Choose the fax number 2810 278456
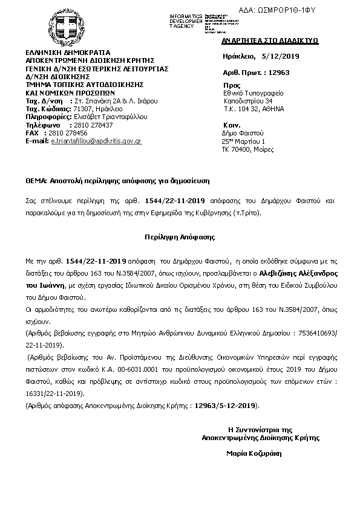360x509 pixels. (x=67, y=132)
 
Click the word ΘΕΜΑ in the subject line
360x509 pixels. (x=36, y=181)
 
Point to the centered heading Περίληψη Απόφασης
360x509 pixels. (x=179, y=238)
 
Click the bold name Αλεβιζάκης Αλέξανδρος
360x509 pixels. (x=293, y=274)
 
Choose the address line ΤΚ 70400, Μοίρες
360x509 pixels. (x=252, y=148)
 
